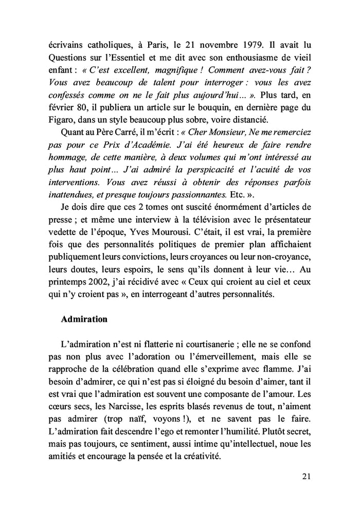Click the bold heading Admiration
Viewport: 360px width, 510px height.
tap(84, 319)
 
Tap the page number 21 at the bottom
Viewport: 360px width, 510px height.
tap(307, 477)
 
